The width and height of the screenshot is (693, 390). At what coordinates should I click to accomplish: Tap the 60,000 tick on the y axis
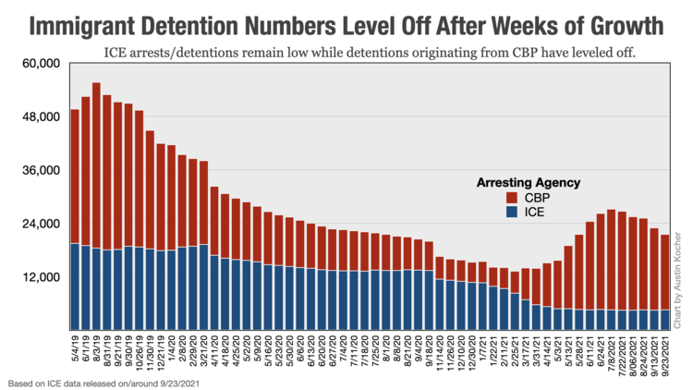pos(41,64)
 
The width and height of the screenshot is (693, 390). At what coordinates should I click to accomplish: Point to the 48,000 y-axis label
pos(41,117)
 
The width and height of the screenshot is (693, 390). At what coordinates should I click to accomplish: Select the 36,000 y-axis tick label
pos(41,171)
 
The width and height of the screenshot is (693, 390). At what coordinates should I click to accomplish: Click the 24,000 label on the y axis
pos(41,225)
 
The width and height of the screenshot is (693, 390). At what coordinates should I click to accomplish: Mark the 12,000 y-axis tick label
pos(41,278)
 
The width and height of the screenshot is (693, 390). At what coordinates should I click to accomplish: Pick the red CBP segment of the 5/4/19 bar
pos(75,176)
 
